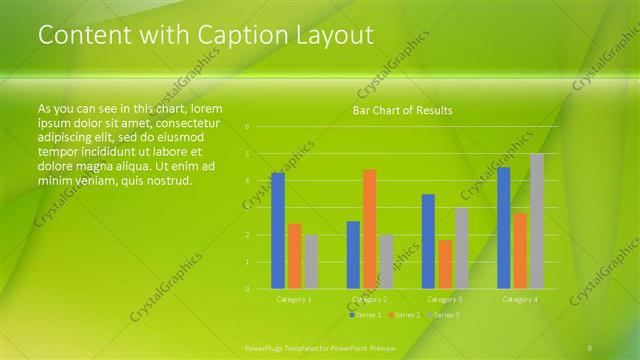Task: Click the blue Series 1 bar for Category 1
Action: point(277,231)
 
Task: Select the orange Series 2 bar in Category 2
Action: point(369,229)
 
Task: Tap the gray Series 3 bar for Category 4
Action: point(536,221)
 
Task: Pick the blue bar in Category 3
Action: point(428,241)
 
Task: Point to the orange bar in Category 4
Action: point(520,251)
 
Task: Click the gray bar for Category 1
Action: point(310,262)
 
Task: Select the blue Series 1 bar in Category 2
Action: point(353,255)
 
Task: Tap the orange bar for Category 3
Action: point(444,264)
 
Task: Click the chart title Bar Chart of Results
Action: point(403,110)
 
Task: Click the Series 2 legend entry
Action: point(404,315)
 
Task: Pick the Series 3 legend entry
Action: point(444,315)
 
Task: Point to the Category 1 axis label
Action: point(294,299)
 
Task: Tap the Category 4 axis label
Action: point(520,299)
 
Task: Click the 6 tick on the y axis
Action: point(247,127)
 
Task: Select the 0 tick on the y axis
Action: point(247,289)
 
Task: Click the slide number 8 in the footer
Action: point(590,347)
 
